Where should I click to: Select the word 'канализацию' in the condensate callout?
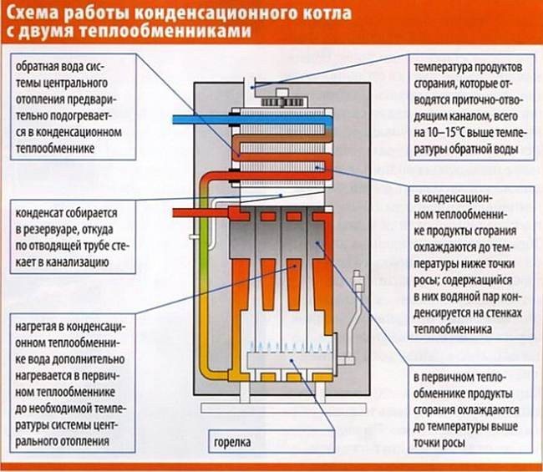point(73,261)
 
